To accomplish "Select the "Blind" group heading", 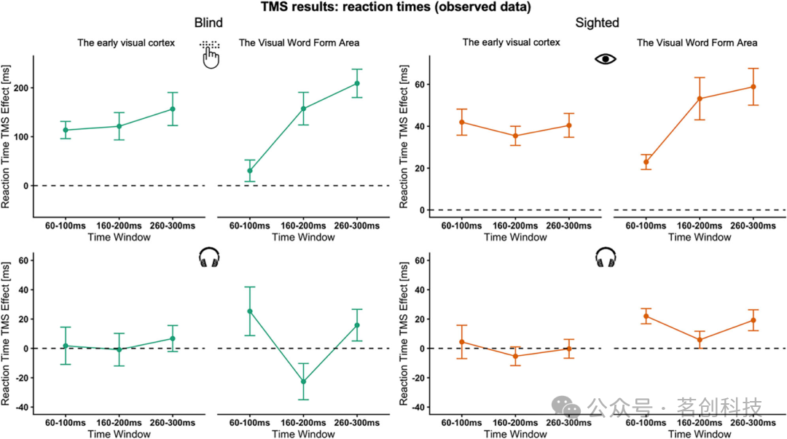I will (x=208, y=23).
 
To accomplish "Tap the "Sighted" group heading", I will (x=597, y=23).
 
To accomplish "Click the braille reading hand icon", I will (x=210, y=55).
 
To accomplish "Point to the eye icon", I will (x=606, y=58).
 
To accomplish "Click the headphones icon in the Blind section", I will (x=209, y=257).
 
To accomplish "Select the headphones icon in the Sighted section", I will (x=606, y=257).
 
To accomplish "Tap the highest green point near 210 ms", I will (x=357, y=83).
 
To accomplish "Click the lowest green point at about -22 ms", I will (x=303, y=381).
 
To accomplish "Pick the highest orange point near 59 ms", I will (x=753, y=87).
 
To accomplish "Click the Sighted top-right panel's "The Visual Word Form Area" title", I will (x=697, y=43).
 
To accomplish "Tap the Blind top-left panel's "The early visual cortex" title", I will (x=126, y=43).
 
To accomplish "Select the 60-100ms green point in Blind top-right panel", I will (x=250, y=171).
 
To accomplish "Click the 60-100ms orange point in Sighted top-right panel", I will (x=646, y=162).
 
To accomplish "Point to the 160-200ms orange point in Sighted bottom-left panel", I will (x=516, y=356).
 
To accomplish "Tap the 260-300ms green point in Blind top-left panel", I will (x=173, y=109).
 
